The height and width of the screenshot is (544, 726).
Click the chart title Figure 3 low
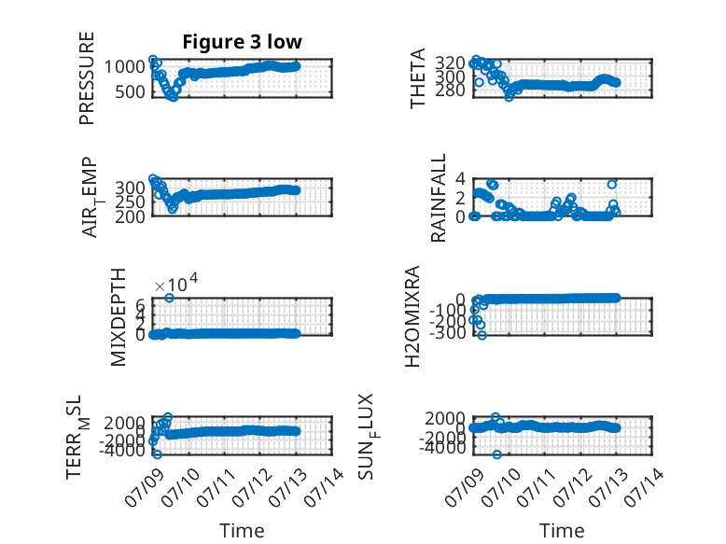click(242, 42)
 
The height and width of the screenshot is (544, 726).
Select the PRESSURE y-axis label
click(87, 78)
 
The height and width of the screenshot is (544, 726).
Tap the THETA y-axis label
click(417, 78)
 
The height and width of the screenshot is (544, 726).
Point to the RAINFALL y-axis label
click(438, 198)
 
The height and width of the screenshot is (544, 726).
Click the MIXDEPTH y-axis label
click(119, 317)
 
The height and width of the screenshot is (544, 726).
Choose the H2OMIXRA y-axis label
click(412, 316)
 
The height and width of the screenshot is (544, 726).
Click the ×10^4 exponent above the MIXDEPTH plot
click(176, 283)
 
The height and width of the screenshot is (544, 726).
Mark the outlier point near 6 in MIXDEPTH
click(170, 298)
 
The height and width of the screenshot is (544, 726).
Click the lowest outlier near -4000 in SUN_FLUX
click(496, 454)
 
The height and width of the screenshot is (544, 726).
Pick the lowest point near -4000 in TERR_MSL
click(158, 454)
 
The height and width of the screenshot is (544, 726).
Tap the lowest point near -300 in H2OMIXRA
click(482, 335)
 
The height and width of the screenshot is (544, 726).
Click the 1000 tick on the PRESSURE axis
click(124, 66)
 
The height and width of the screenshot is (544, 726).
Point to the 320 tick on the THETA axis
click(450, 63)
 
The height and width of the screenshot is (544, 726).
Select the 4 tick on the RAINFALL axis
click(460, 178)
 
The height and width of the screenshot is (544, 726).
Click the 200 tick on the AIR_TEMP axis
click(130, 216)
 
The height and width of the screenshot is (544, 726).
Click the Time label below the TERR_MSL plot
click(242, 531)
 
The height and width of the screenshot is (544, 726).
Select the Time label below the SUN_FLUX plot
click(562, 531)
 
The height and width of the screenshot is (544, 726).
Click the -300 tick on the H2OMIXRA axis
click(448, 333)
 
